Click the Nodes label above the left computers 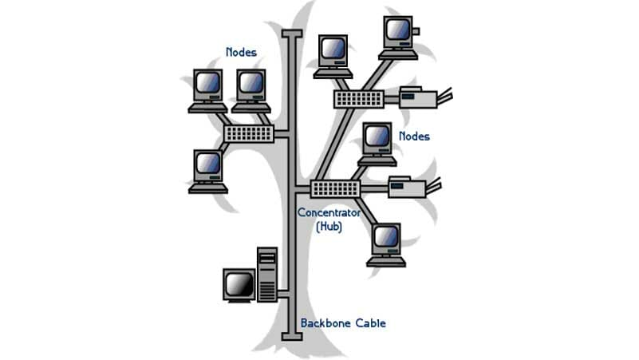(241, 52)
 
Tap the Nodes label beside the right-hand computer (414, 136)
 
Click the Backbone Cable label (343, 323)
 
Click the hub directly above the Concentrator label (335, 189)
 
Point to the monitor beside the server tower (239, 286)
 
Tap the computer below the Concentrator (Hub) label (387, 243)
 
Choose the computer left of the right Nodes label (377, 143)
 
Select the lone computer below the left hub (209, 169)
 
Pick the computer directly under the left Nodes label (251, 89)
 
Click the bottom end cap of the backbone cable (292, 336)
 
